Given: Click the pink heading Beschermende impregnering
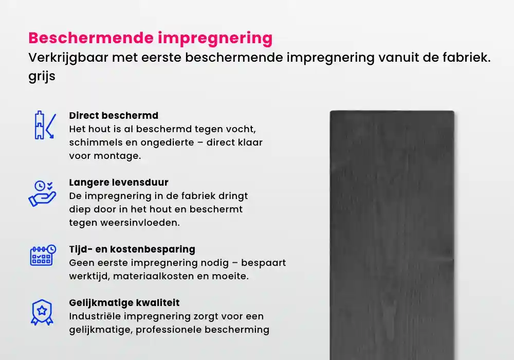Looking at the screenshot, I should pyautogui.click(x=150, y=38).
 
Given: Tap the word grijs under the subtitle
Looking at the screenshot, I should pyautogui.click(x=42, y=77).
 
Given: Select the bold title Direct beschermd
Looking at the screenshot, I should pyautogui.click(x=114, y=115).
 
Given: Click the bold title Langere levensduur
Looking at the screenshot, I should pyautogui.click(x=119, y=183).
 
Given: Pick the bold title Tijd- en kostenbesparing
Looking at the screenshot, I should pyautogui.click(x=132, y=249).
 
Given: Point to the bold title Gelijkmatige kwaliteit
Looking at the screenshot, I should pyautogui.click(x=124, y=303).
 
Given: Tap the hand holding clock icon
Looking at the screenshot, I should pyautogui.click(x=42, y=193).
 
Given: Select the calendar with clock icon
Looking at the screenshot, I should pyautogui.click(x=42, y=255).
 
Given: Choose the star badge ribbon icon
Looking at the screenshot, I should pyautogui.click(x=42, y=312).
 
